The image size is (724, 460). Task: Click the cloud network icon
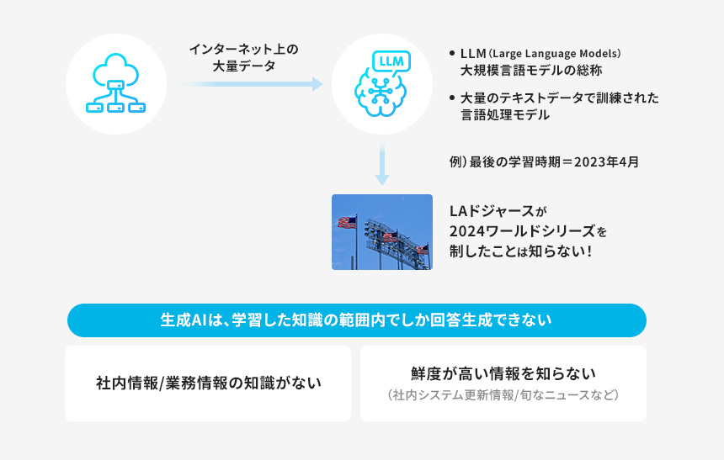click(116, 84)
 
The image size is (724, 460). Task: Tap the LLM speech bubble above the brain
click(391, 61)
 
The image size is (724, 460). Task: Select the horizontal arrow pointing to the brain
click(250, 84)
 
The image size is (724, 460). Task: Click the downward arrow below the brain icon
click(382, 165)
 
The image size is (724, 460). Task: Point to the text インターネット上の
click(243, 50)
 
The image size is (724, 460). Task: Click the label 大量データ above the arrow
click(243, 66)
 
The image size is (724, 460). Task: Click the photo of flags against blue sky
click(381, 232)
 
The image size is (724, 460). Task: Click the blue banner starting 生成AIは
click(355, 320)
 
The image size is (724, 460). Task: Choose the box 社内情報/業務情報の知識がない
click(208, 383)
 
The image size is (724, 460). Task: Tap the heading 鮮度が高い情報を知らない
click(503, 373)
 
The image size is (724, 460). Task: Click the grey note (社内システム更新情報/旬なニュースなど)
click(503, 394)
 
